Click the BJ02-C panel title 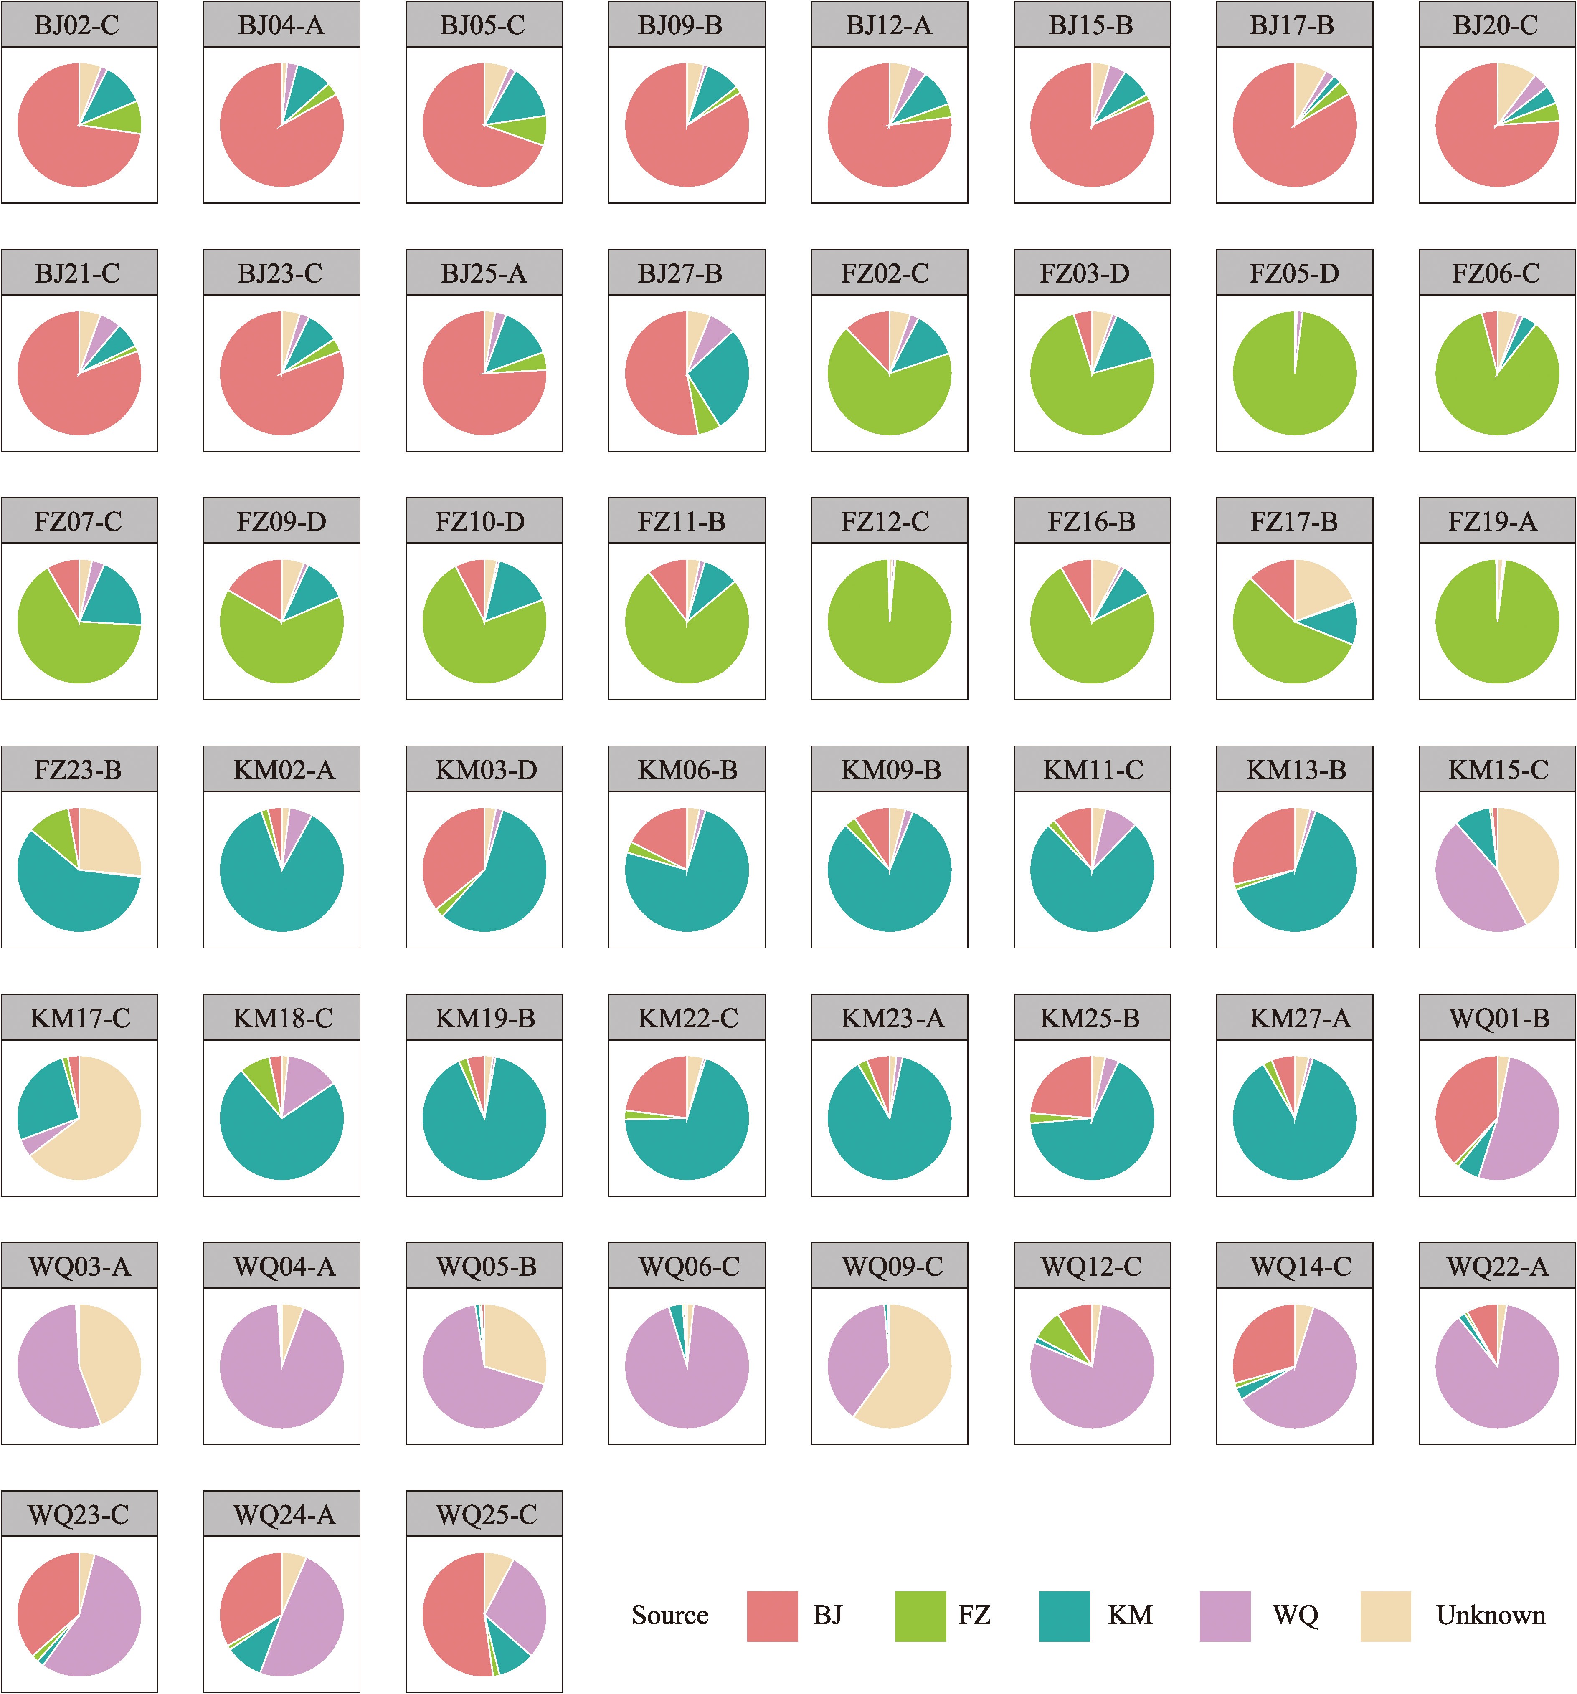79,25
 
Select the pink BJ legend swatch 771,1616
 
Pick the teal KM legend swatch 1064,1616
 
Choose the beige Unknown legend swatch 1385,1616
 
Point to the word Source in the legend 670,1616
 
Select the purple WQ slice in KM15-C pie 1471,886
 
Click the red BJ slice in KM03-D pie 452,852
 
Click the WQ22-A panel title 1497,1266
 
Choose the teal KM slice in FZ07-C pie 115,601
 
